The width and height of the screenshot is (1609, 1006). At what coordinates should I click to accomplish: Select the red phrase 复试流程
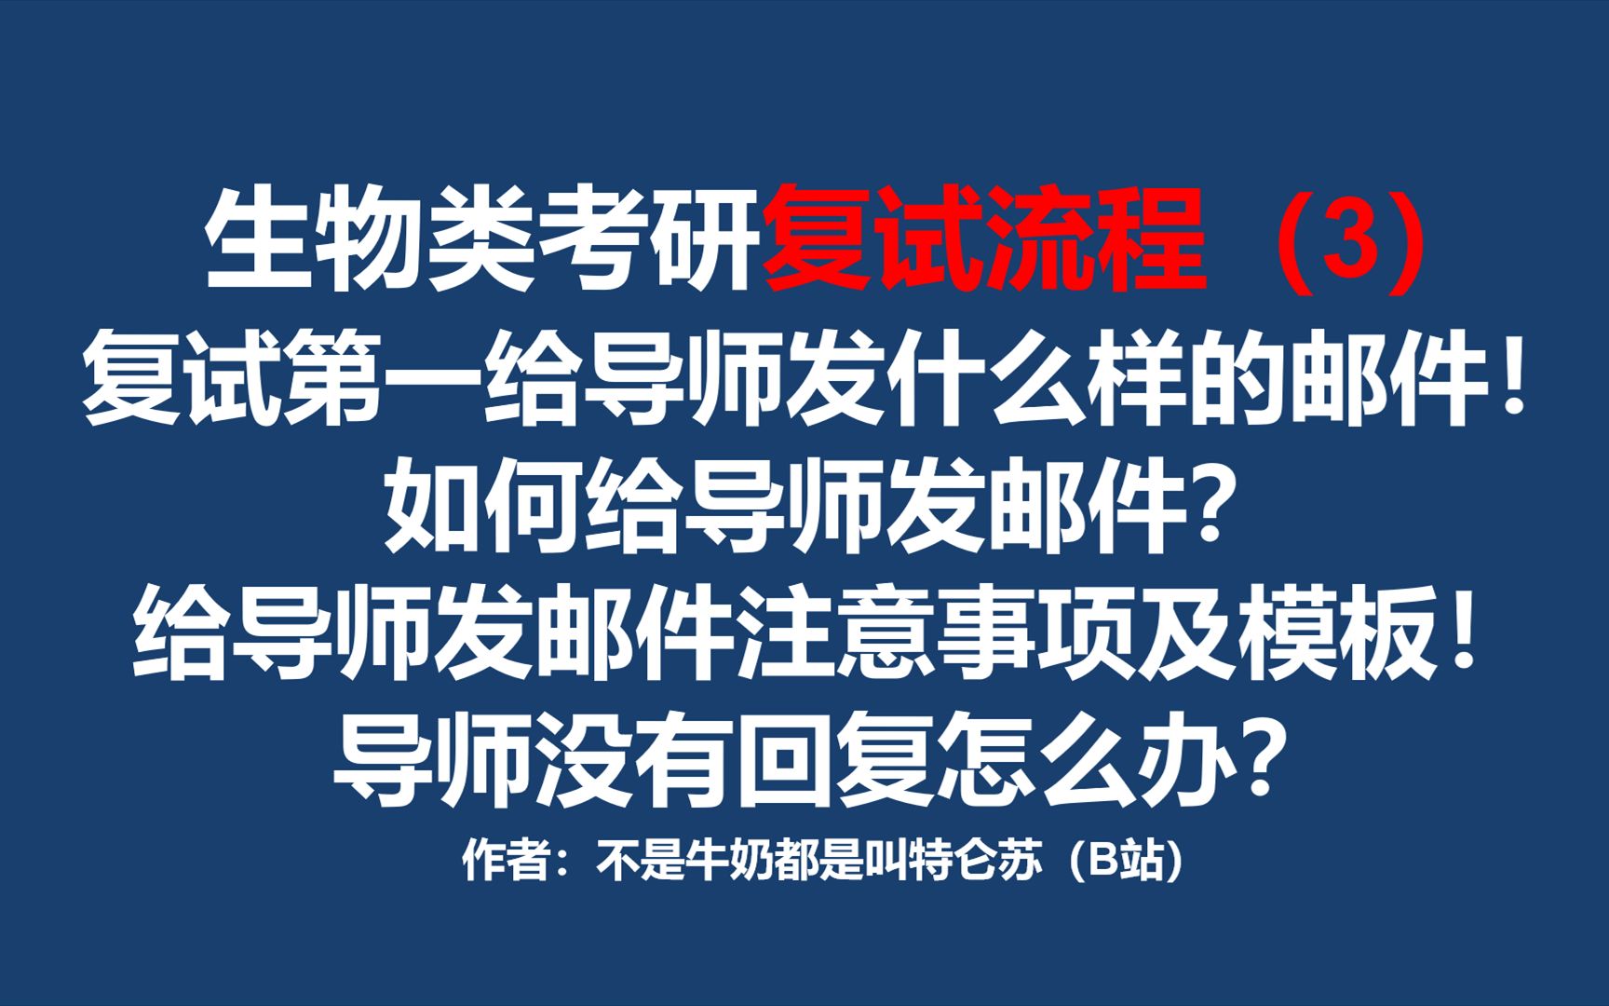(x=984, y=240)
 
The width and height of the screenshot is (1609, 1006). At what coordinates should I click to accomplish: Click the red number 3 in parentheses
(x=1349, y=240)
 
